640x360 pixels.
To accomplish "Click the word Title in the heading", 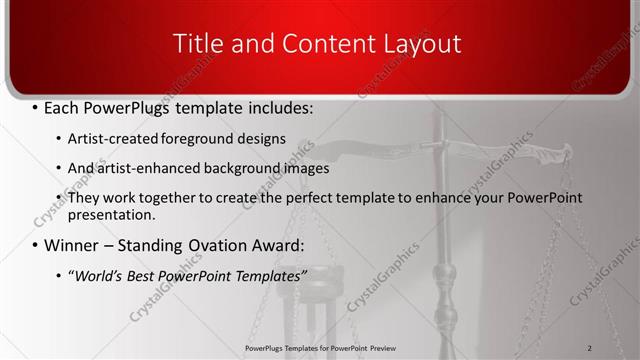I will pos(197,44).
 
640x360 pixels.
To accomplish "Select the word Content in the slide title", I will pos(316,44).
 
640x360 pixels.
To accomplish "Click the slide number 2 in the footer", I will pos(590,347).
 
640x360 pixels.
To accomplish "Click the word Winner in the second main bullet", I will pos(76,245).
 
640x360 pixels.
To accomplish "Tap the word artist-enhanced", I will pos(140,168).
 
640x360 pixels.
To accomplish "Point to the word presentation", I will pos(111,214).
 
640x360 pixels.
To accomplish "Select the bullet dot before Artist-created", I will pos(58,139).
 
